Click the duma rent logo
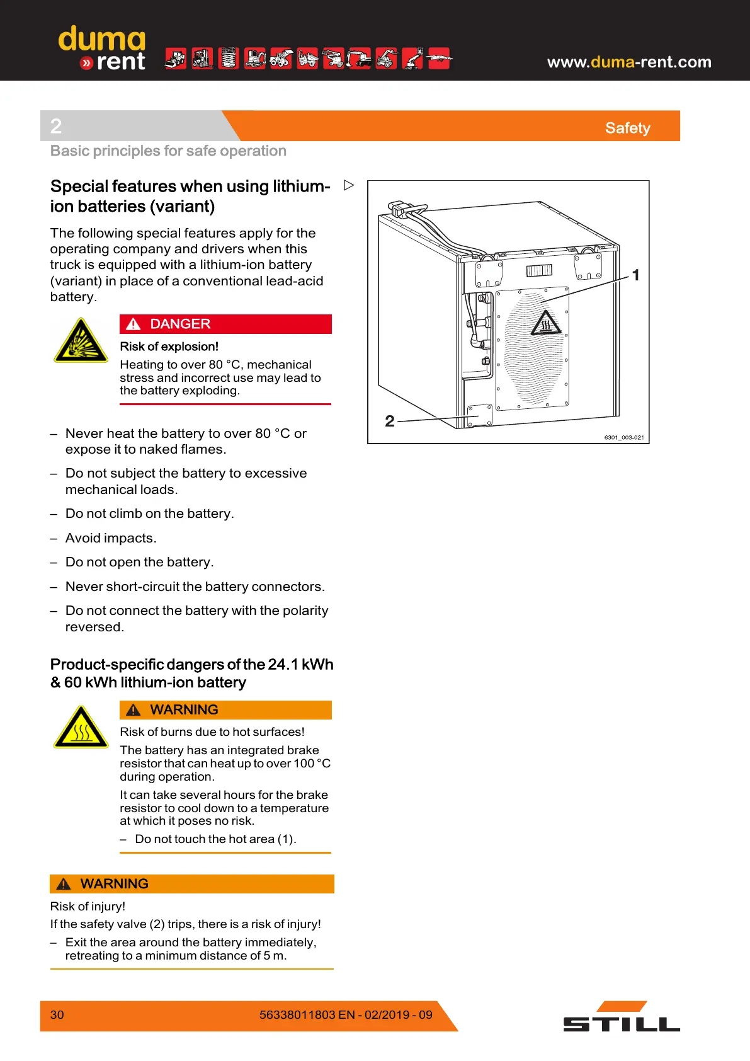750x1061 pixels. (102, 48)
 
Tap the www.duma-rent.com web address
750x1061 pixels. (628, 62)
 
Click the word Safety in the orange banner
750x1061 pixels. (627, 128)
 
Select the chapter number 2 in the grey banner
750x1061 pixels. (56, 127)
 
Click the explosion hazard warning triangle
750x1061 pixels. (81, 341)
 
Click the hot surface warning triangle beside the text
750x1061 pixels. (81, 727)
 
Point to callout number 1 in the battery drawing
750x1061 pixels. (635, 275)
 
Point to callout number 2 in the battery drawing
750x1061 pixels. (390, 421)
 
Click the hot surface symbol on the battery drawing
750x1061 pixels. (545, 323)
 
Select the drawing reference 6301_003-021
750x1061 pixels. (623, 437)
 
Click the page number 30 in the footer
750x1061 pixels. (57, 1014)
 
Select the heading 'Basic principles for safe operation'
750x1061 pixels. (168, 151)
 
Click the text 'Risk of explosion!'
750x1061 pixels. (169, 347)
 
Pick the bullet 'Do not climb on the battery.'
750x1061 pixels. (149, 513)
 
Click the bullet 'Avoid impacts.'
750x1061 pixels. (111, 538)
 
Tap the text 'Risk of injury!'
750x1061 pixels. (88, 906)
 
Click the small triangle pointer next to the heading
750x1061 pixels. (349, 185)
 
